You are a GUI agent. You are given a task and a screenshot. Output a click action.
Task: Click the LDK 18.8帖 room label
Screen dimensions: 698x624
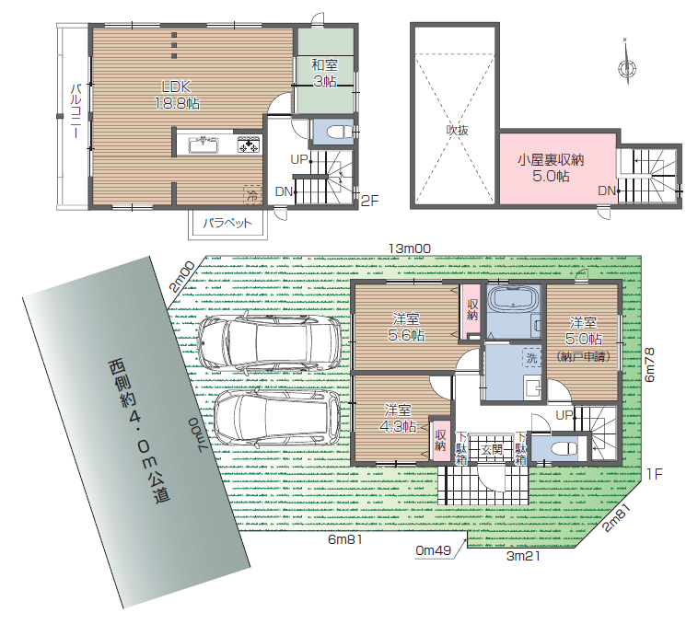[x=177, y=95]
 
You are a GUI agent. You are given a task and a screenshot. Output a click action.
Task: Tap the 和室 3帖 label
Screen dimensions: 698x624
[x=324, y=73]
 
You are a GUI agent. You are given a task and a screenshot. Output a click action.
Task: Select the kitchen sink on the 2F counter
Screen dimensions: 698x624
[x=204, y=144]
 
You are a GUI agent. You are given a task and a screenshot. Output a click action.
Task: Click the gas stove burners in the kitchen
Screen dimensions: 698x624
[x=249, y=145]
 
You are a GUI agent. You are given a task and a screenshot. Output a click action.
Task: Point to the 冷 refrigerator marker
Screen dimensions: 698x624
[x=252, y=194]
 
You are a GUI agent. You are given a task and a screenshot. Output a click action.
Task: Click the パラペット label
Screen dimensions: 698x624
[x=227, y=223]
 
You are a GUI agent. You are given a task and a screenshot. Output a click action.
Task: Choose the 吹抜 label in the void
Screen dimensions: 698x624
[x=457, y=130]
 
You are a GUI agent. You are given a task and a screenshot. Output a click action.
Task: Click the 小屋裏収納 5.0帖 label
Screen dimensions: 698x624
[x=551, y=168]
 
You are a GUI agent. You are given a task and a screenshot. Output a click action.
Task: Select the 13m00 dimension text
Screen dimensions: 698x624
[x=410, y=248]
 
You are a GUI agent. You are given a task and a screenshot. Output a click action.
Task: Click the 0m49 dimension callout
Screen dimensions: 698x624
[x=433, y=550]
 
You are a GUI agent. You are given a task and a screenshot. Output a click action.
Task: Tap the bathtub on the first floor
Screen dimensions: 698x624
[x=513, y=297]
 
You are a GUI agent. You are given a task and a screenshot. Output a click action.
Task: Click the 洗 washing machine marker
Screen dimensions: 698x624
[x=531, y=357]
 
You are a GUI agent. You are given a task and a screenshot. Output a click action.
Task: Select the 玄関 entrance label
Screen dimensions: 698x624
[x=492, y=450]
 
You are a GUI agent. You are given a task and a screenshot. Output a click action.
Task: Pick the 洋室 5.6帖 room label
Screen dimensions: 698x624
[x=406, y=327]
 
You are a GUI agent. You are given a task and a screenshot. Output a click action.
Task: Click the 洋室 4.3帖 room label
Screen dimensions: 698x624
[x=398, y=418]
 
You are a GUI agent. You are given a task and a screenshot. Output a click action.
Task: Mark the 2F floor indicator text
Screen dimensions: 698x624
[x=369, y=201]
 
